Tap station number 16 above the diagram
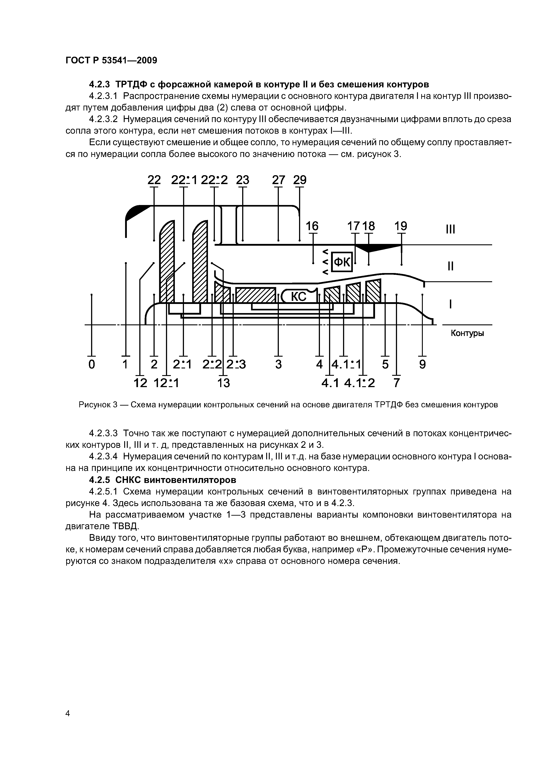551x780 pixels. (312, 226)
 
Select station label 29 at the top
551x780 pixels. (300, 180)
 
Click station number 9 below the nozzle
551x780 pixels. (422, 364)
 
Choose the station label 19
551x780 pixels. (401, 226)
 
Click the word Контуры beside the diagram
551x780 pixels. (467, 333)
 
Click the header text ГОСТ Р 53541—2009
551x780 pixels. (111, 60)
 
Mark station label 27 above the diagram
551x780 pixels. (278, 180)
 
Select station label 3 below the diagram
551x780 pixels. (278, 364)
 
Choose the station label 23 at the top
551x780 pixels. (242, 180)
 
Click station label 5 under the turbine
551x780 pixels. (385, 364)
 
